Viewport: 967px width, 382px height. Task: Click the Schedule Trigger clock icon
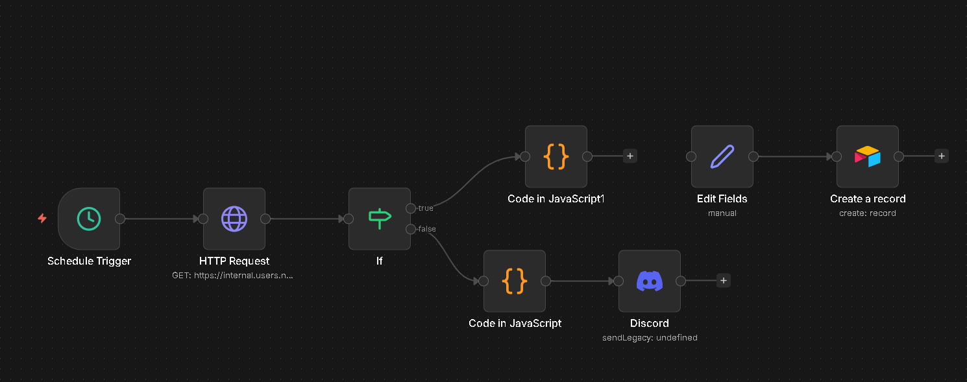89,219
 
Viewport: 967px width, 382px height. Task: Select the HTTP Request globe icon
234,219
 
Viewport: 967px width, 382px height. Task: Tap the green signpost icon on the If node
380,219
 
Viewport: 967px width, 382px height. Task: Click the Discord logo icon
650,281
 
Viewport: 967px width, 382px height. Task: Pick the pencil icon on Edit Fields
722,157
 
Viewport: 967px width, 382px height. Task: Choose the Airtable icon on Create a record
868,157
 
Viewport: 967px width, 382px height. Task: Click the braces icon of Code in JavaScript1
556,157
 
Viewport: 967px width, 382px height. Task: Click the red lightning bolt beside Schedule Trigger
42,219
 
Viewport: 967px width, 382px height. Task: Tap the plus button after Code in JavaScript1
630,156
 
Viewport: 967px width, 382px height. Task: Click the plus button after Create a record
941,156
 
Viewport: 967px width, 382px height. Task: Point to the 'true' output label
425,208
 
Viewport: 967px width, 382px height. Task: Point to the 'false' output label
426,229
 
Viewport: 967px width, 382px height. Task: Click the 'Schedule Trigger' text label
89,261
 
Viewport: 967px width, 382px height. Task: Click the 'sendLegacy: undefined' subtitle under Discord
650,338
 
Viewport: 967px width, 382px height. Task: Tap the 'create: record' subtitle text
868,213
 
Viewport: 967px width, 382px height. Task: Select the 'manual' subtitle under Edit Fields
722,213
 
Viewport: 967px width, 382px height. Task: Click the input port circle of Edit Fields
691,156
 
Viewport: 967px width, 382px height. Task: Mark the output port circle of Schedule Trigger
120,219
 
